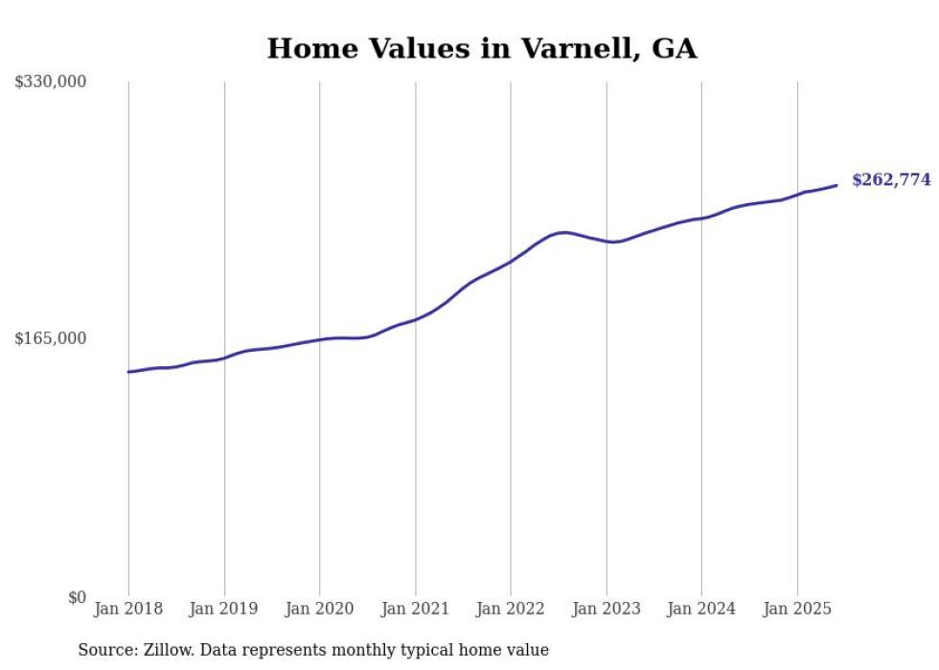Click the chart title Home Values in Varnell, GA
481,49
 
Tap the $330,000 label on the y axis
51,82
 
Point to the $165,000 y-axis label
51,338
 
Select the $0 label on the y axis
77,597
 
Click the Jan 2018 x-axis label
128,609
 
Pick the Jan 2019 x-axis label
224,609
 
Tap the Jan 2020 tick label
320,609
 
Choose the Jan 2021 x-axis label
415,609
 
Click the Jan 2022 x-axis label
511,609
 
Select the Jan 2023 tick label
607,609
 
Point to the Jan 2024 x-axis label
701,609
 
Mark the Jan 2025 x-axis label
797,609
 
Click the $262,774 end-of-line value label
891,179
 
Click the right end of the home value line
836,185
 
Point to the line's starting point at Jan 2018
128,372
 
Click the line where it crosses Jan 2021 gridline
415,319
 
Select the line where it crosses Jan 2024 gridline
701,219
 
